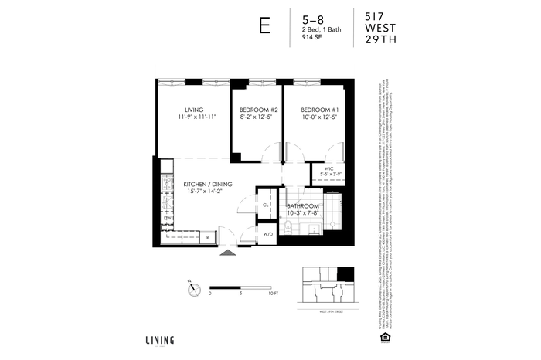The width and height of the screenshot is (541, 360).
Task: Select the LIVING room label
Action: point(194,110)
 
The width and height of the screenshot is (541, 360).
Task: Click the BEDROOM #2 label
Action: point(257,110)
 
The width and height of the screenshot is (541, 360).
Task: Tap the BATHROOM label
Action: point(302,207)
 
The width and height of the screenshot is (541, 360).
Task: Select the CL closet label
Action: point(265,205)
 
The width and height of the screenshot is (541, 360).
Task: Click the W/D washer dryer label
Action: point(267,233)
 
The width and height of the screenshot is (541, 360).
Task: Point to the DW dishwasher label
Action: point(167,219)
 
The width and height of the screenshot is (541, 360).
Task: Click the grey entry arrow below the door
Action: point(228,253)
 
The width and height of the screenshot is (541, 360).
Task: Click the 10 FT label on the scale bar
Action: point(274,294)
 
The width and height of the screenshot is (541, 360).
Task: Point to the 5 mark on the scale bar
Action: point(242,294)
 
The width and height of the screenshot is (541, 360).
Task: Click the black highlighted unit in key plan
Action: point(345,276)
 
